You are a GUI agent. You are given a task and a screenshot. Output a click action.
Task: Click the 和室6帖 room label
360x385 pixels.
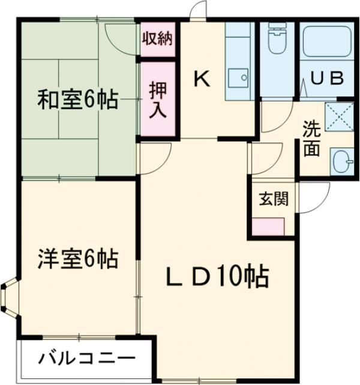78,99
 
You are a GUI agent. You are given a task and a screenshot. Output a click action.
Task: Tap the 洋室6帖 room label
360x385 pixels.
78,260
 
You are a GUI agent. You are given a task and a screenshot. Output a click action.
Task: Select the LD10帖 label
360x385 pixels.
217,277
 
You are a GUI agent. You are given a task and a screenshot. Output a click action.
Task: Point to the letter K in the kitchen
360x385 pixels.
202,79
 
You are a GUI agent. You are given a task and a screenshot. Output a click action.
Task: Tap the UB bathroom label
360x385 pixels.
326,79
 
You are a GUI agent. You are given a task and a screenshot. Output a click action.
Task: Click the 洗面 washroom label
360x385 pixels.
311,139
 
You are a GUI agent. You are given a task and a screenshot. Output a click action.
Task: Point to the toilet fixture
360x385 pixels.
277,40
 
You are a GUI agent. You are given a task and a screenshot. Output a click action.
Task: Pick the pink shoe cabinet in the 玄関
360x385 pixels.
268,227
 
